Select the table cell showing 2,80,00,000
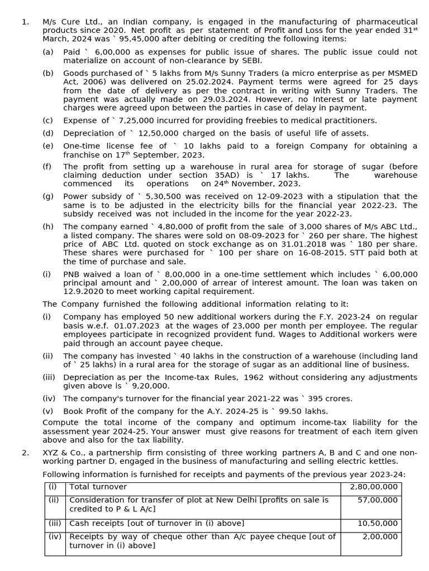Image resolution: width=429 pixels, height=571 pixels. pos(371,487)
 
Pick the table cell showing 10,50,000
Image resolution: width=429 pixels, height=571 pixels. pos(371,523)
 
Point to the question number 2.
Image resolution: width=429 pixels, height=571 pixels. pos(25,452)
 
